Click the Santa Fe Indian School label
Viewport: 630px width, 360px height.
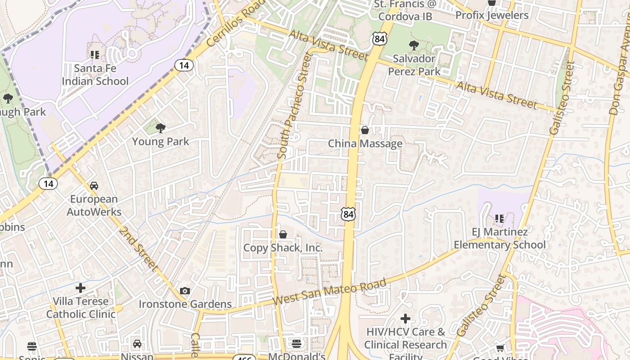coord(95,75)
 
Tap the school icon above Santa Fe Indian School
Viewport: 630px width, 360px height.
coord(95,55)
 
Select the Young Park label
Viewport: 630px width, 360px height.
coord(160,142)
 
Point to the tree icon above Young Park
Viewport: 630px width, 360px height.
coord(160,128)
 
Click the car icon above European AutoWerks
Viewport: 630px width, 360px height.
coord(94,185)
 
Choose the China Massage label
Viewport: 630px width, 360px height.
coord(365,144)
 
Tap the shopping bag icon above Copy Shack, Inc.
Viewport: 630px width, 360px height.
coord(283,234)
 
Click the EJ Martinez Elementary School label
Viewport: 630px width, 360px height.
coord(499,238)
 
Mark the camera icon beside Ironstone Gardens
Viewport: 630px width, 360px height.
coord(184,291)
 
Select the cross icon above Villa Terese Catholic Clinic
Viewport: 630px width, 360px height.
coord(81,288)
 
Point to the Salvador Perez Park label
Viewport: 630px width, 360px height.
coord(414,65)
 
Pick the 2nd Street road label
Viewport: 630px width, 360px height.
coord(139,249)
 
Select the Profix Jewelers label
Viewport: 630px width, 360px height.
coord(492,15)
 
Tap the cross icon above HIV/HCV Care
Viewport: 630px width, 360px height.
coord(405,319)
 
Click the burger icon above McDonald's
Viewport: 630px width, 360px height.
coord(296,344)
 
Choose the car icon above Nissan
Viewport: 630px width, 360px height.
coord(137,344)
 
